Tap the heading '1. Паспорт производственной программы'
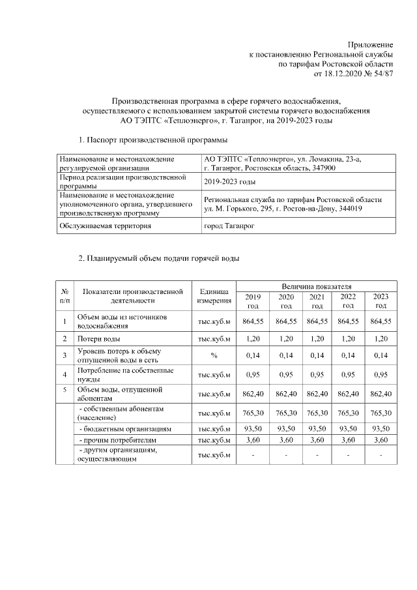click(x=153, y=140)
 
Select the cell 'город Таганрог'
click(x=229, y=226)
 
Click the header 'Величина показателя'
click(x=316, y=286)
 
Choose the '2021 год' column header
click(x=317, y=301)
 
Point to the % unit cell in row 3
click(x=214, y=355)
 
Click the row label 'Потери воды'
click(x=98, y=338)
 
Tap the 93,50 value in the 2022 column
click(x=349, y=429)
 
